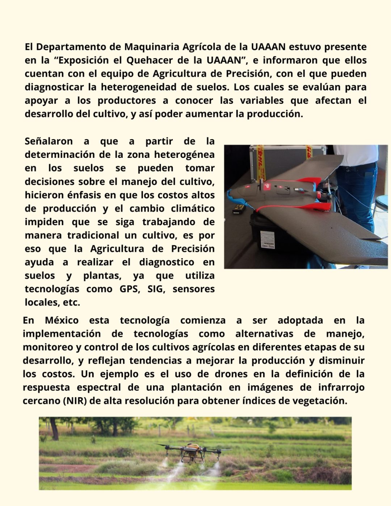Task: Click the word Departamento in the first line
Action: tap(78, 47)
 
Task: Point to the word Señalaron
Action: tap(49, 141)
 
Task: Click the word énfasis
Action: tap(86, 195)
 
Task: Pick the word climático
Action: tap(193, 208)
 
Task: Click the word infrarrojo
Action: tap(341, 387)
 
